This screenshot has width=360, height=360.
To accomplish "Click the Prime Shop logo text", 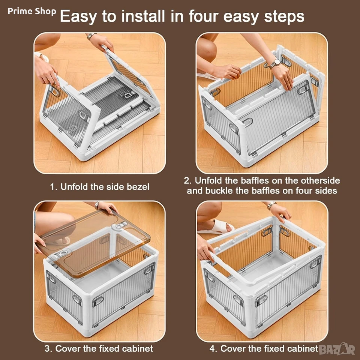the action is click(x=32, y=11).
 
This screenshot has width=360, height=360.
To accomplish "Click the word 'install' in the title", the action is click(x=143, y=16).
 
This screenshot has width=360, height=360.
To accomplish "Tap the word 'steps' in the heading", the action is click(x=284, y=17).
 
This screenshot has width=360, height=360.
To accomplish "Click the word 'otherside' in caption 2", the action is click(x=320, y=180).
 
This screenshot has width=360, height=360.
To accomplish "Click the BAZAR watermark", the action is click(x=337, y=349).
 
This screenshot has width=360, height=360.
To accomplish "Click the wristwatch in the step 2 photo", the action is click(x=275, y=63).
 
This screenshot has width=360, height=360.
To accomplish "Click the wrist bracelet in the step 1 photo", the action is click(x=90, y=36).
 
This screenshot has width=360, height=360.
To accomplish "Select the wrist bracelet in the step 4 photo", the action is click(x=271, y=205).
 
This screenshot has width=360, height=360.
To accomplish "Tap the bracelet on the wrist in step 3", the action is click(x=97, y=205).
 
